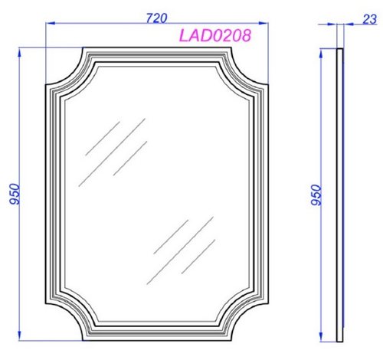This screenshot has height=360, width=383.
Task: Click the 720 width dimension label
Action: click(156, 18)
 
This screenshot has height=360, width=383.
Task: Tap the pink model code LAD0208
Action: click(215, 35)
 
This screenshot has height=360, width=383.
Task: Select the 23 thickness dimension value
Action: click(370, 19)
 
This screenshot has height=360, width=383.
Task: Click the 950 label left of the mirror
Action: click(15, 194)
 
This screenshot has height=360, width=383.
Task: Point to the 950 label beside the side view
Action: click(316, 195)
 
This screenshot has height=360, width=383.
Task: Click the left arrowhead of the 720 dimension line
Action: click(51, 23)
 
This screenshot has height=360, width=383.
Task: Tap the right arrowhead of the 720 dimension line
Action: click(264, 23)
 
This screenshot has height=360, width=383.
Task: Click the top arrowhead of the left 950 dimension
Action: click(19, 53)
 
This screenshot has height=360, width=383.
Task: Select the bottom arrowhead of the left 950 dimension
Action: click(19, 335)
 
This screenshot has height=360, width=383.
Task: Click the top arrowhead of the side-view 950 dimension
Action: click(321, 54)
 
